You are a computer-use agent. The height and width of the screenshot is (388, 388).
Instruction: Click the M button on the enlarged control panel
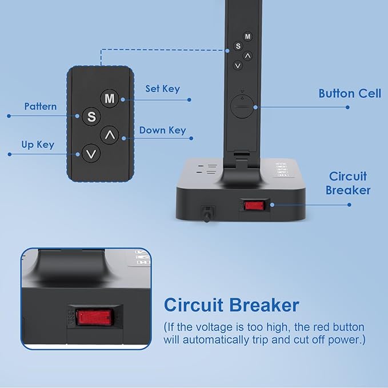pyautogui.click(x=110, y=98)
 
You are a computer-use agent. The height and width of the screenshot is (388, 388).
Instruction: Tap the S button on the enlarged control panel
pyautogui.click(x=91, y=117)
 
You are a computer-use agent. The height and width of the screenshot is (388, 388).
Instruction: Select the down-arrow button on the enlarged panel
pyautogui.click(x=91, y=153)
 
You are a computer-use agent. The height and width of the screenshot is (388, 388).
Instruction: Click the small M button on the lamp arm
pyautogui.click(x=247, y=37)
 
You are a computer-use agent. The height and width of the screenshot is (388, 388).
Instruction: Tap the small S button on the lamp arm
pyautogui.click(x=238, y=46)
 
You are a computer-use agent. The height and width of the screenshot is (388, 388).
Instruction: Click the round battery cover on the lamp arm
pyautogui.click(x=242, y=106)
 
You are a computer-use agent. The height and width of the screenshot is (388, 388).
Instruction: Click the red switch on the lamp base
pyautogui.click(x=254, y=205)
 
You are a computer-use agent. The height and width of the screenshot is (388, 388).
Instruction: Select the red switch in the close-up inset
pyautogui.click(x=94, y=317)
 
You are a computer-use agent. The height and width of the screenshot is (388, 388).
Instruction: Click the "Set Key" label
pyautogui.click(x=163, y=89)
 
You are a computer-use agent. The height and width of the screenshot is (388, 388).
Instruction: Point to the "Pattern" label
pyautogui.click(x=41, y=106)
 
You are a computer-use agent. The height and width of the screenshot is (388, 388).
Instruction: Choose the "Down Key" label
pyautogui.click(x=163, y=130)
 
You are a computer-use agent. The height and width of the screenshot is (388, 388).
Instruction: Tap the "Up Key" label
pyautogui.click(x=38, y=145)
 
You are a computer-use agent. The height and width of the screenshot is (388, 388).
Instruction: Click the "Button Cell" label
pyautogui.click(x=350, y=94)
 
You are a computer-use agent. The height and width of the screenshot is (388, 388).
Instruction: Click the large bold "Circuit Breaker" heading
pyautogui.click(x=231, y=305)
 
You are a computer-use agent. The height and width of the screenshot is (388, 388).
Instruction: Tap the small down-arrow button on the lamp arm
pyautogui.click(x=238, y=66)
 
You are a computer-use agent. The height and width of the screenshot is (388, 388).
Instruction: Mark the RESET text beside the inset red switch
pyautogui.click(x=71, y=318)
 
